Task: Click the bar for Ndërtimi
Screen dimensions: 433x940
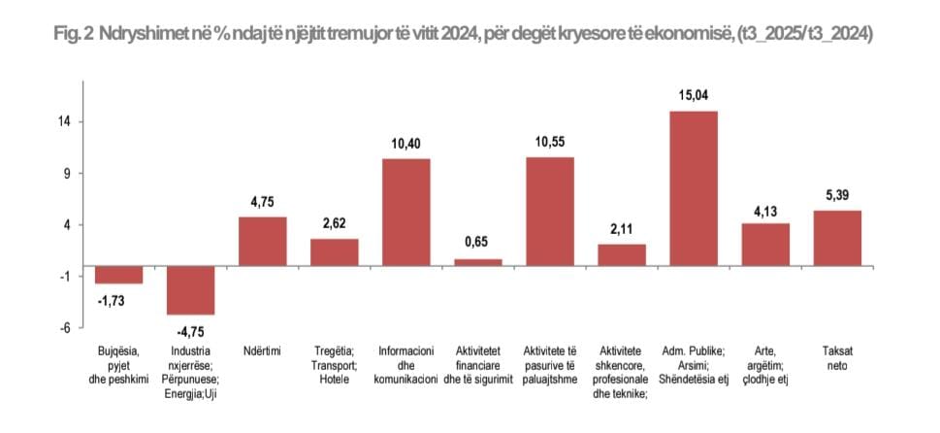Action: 263,241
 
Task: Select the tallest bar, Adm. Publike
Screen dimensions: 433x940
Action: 694,188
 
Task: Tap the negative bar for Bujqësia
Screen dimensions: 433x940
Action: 119,275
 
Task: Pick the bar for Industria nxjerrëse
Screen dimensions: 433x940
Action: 191,290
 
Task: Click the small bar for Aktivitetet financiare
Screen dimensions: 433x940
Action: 478,262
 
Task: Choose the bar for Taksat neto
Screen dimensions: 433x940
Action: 837,238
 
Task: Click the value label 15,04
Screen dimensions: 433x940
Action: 694,96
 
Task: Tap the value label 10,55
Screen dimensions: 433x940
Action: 550,142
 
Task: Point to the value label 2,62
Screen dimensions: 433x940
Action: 335,223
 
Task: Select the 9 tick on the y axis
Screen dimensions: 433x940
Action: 67,174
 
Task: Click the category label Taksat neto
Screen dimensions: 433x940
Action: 837,357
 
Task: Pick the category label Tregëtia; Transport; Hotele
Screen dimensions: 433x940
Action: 335,364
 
